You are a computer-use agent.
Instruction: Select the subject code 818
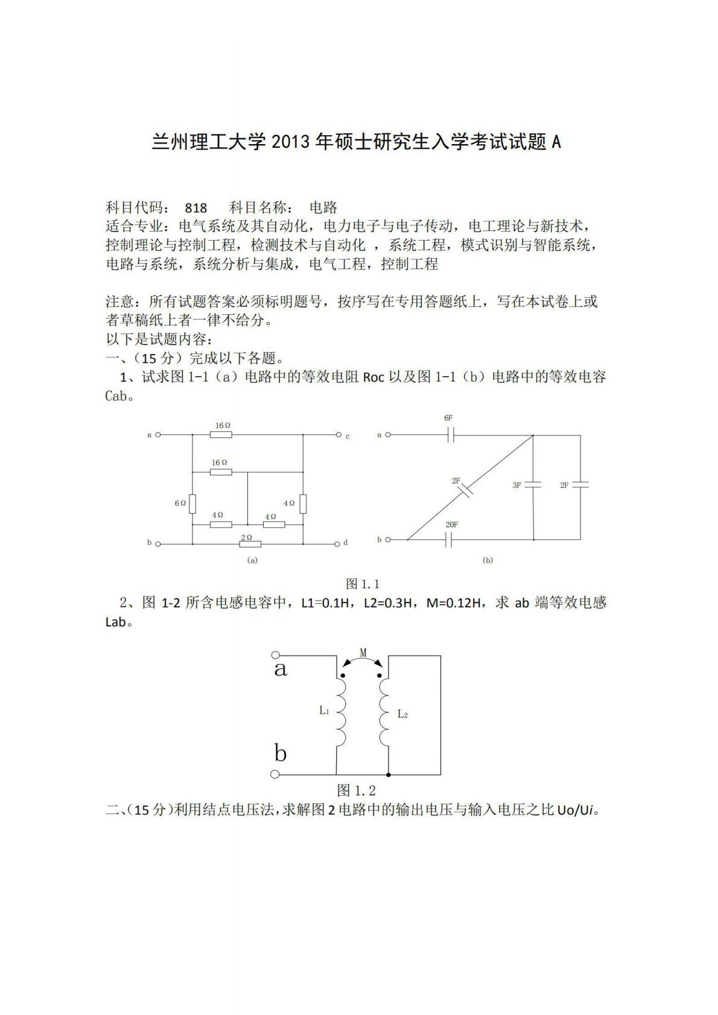click(x=196, y=208)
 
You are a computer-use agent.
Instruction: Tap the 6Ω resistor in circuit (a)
click(x=192, y=503)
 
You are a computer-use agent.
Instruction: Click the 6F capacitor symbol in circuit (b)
click(x=450, y=434)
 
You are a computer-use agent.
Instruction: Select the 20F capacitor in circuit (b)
click(x=449, y=539)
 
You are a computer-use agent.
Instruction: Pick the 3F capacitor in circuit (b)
click(x=533, y=485)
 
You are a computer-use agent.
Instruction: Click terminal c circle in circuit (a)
click(x=338, y=434)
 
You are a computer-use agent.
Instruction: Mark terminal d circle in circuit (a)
click(x=337, y=543)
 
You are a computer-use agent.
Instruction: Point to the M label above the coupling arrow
click(x=363, y=653)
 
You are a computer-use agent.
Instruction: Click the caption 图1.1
click(x=362, y=584)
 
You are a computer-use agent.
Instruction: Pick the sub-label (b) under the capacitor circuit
click(x=488, y=560)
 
